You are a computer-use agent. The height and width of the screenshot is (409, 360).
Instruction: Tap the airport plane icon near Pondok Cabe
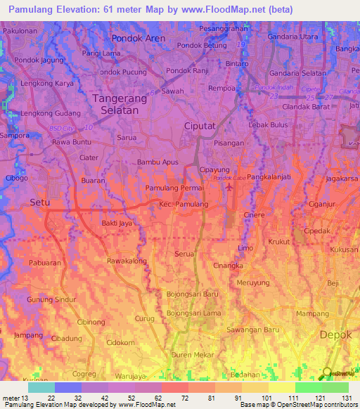click(x=228, y=188)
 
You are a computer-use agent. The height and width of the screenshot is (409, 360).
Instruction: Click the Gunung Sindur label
click(x=50, y=299)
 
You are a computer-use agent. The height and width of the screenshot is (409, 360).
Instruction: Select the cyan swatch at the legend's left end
click(x=41, y=387)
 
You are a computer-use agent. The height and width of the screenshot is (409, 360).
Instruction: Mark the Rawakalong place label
click(x=127, y=261)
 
